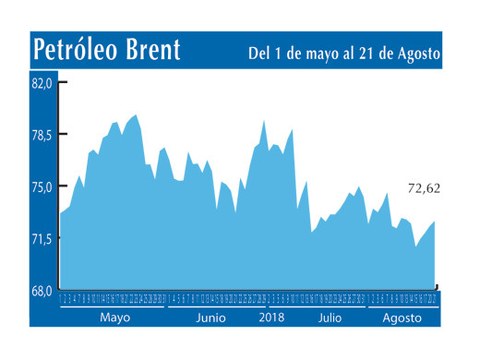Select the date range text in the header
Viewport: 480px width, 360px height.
344,53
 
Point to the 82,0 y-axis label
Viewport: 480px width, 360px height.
43,83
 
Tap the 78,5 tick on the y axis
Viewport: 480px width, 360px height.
43,135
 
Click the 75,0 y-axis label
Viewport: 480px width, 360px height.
43,186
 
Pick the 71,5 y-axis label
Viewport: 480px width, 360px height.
43,238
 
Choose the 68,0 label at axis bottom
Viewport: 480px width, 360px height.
43,291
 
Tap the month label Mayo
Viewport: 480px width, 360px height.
114,318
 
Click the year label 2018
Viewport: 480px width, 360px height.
272,318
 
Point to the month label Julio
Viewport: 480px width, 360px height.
330,318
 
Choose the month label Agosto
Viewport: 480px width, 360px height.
402,318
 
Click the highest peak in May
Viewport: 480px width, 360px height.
136,115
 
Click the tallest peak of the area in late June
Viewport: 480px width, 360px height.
264,121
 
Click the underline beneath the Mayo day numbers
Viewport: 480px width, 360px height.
112,306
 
